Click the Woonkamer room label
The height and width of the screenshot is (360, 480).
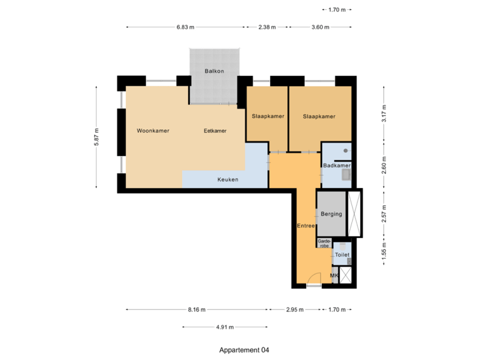(x=153, y=131)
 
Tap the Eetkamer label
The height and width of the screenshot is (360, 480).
(x=215, y=131)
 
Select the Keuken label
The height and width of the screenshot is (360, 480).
(x=227, y=179)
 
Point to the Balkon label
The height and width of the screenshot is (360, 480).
(x=214, y=71)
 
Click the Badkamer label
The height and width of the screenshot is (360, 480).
(x=336, y=165)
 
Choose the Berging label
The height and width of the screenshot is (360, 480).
(x=331, y=214)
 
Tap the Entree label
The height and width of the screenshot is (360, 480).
(x=306, y=226)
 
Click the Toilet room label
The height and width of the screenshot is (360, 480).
(x=342, y=255)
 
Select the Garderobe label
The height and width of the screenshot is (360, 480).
(x=324, y=243)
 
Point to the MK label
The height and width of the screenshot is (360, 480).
(x=335, y=275)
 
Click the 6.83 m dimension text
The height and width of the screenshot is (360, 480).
(x=185, y=27)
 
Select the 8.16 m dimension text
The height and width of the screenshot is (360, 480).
(x=197, y=309)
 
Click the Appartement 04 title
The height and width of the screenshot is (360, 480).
(x=244, y=349)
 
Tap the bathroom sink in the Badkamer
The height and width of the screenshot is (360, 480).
(x=346, y=175)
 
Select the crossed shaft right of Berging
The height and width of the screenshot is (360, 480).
(x=355, y=213)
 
